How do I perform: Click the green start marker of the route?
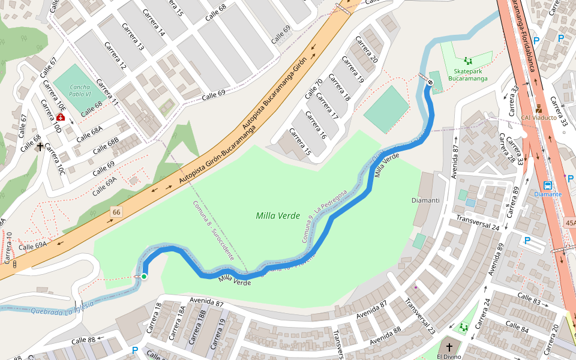click(144, 276)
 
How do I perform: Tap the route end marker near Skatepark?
click(430, 82)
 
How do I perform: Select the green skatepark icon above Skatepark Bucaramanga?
click(467, 61)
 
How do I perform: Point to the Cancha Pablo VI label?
click(80, 90)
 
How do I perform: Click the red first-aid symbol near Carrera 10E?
click(61, 117)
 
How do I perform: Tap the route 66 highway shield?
click(116, 212)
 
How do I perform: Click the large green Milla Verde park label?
click(277, 215)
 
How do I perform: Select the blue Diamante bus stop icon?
click(548, 185)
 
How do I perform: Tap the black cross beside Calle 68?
click(40, 146)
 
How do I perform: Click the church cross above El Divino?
click(449, 347)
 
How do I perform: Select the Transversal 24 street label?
click(478, 223)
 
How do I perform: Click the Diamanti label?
click(425, 200)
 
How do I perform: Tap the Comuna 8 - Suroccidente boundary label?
click(213, 230)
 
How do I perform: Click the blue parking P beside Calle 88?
click(135, 350)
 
